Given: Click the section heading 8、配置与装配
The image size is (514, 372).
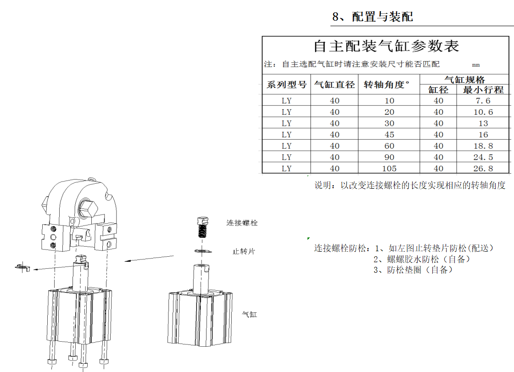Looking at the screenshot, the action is [372, 17].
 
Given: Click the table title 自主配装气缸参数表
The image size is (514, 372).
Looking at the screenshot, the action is [386, 46].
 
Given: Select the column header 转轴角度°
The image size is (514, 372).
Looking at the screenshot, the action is [387, 85].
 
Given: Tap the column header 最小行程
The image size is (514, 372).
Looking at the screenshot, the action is [483, 90].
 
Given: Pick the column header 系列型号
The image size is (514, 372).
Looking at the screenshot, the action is [286, 85].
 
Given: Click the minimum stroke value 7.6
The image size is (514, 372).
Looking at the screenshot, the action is [483, 101].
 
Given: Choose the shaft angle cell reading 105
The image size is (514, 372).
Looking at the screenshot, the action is [389, 168].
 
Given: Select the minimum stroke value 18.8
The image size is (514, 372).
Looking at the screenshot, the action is [483, 146].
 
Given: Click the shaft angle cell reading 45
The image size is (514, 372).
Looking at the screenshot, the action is [389, 135].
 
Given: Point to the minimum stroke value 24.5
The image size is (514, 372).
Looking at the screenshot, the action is [483, 157].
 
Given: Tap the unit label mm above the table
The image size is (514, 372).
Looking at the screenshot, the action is [475, 65].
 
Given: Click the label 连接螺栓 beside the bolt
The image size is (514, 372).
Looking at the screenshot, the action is [242, 223].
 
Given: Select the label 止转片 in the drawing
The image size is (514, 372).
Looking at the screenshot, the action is [244, 252].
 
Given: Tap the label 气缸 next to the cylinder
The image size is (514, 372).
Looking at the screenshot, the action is [250, 314].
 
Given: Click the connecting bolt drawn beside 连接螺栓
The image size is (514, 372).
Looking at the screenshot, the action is [203, 227].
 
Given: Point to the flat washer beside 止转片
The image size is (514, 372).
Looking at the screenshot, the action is [203, 252].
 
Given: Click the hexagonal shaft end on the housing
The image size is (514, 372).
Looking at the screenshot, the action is [88, 208].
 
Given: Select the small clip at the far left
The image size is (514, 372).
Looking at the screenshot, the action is [23, 267].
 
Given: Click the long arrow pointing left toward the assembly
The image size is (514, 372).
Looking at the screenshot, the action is [149, 259].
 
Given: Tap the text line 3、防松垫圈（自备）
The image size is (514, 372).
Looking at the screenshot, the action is [413, 270].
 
